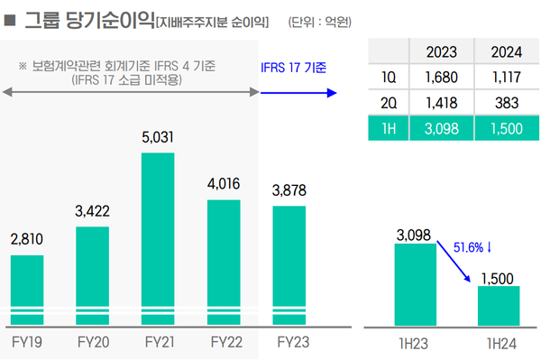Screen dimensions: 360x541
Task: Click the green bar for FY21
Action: pos(158,238)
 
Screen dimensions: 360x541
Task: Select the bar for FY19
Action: pos(27,289)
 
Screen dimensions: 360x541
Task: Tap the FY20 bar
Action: pos(92,275)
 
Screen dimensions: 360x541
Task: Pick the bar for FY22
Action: pos(224,262)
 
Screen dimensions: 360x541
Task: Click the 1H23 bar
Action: pos(415,283)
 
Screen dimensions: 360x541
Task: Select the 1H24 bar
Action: pos(499,305)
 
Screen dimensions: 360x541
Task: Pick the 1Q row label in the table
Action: pos(388,77)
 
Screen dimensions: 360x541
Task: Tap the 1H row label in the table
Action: pos(388,128)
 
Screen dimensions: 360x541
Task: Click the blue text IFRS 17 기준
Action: pos(293,67)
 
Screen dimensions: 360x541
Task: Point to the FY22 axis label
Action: pos(224,342)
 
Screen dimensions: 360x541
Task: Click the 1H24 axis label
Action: pos(499,343)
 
